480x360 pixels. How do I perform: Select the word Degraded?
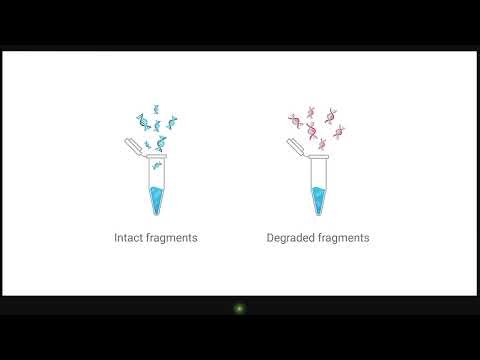coord(291,238)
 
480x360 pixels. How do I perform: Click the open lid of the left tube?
coord(133,147)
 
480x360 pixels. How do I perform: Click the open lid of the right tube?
coord(295,147)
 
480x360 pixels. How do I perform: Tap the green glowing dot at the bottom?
coord(239,308)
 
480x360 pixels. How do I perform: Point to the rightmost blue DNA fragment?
coord(174,124)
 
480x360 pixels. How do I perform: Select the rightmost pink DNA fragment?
coord(339,130)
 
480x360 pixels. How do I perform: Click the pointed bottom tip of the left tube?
coord(156,214)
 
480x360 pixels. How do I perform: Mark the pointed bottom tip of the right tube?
coord(318,214)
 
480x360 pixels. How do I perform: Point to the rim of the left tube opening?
coord(156,158)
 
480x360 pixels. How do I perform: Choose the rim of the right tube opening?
coord(318,158)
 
